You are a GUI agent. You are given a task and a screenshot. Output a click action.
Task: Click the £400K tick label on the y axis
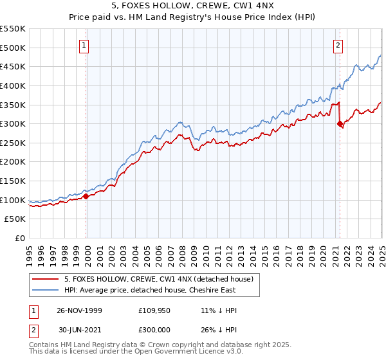tap(13, 85)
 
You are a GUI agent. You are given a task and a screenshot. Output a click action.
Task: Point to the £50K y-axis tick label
tap(15, 219)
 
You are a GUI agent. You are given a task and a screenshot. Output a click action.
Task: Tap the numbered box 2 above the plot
tap(338, 45)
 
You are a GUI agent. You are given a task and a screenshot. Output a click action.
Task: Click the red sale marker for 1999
tap(86, 197)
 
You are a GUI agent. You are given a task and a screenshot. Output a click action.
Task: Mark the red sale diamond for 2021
tap(340, 124)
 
